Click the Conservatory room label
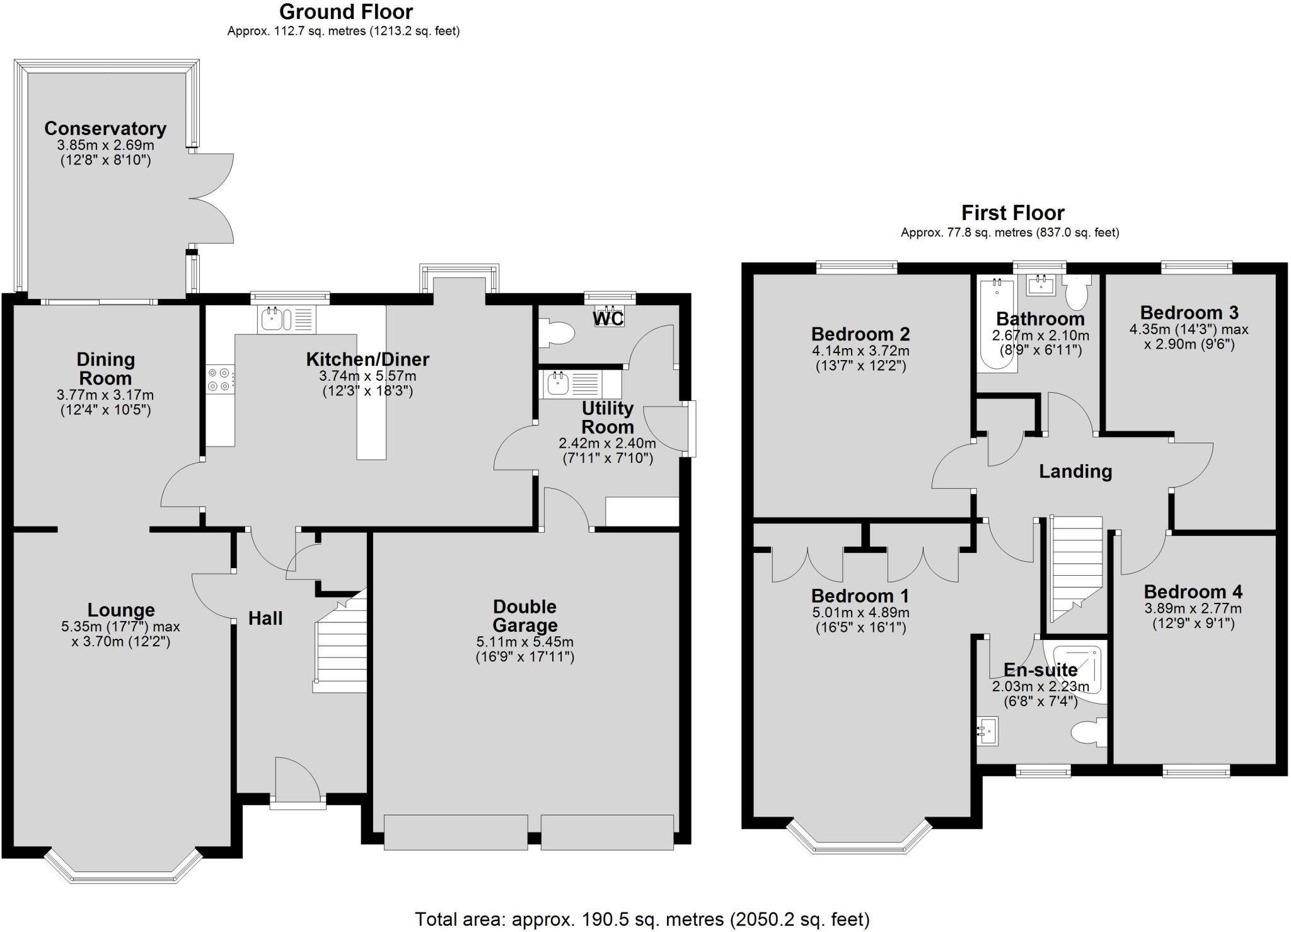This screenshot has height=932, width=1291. (x=105, y=129)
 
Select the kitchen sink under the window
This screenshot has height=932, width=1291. (x=274, y=319)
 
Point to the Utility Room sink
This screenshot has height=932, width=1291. (x=559, y=384)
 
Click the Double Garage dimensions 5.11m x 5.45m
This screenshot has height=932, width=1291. (x=524, y=643)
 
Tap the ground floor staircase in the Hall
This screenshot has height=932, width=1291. (x=341, y=650)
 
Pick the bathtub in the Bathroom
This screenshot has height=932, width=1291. (x=996, y=324)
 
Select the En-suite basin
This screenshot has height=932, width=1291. (x=987, y=731)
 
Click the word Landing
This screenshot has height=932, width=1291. (x=1075, y=472)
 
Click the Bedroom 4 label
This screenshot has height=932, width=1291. (x=1193, y=591)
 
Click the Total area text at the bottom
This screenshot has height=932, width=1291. (x=642, y=919)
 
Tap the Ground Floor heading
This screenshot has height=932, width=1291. (x=345, y=12)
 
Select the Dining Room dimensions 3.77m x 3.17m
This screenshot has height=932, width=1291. (x=105, y=395)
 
